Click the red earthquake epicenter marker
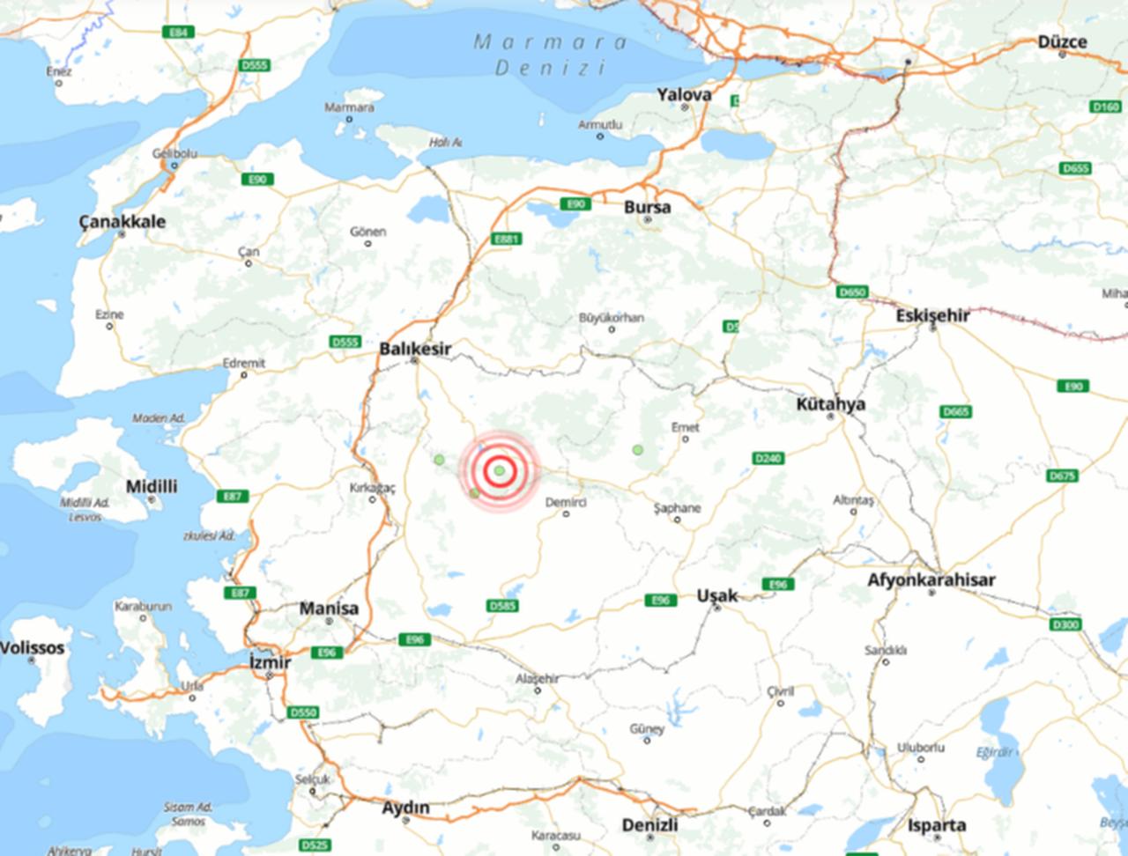pyautogui.click(x=500, y=470)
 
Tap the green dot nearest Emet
pyautogui.click(x=637, y=450)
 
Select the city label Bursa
pyautogui.click(x=647, y=208)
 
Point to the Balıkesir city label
pyautogui.click(x=414, y=349)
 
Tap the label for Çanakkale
pyautogui.click(x=122, y=221)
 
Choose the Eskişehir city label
pyautogui.click(x=932, y=315)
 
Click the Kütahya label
pyautogui.click(x=830, y=404)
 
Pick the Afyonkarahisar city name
pyautogui.click(x=931, y=579)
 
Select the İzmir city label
pyautogui.click(x=270, y=662)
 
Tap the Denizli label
pyautogui.click(x=649, y=825)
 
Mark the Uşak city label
pyautogui.click(x=716, y=595)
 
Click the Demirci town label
pyautogui.click(x=566, y=501)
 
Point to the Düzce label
pyautogui.click(x=1062, y=41)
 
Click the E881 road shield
pyautogui.click(x=507, y=239)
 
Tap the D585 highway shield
pyautogui.click(x=502, y=606)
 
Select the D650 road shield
pyautogui.click(x=852, y=291)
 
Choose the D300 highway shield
pyautogui.click(x=1065, y=624)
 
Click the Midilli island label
pyautogui.click(x=152, y=486)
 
